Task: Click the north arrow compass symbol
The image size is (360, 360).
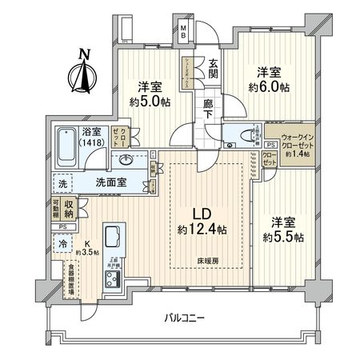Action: [82, 73]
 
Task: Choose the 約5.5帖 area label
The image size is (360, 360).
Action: [282, 237]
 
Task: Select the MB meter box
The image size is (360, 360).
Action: [183, 34]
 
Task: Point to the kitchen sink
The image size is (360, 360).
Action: [111, 238]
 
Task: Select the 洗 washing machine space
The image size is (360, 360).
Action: [62, 183]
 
